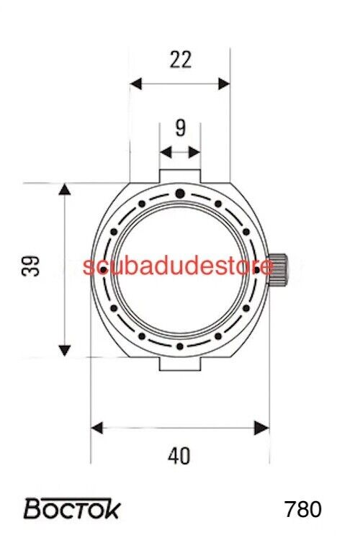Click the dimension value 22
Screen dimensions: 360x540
click(181, 60)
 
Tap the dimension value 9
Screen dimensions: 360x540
click(180, 128)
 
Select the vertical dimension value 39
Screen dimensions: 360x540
click(30, 266)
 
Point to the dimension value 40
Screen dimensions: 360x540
click(179, 456)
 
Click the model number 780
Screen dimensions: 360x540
click(303, 509)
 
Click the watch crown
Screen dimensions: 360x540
click(277, 269)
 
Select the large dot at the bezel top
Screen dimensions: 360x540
click(180, 194)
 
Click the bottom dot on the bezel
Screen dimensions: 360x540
click(180, 346)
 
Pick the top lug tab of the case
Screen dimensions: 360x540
click(180, 176)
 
